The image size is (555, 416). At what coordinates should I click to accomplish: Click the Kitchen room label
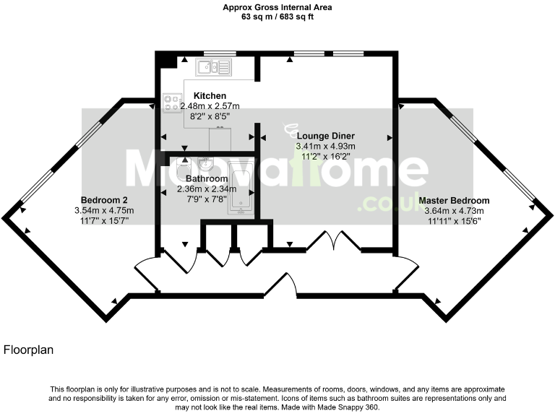tap(210, 95)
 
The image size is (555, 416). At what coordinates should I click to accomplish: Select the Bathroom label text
tap(207, 178)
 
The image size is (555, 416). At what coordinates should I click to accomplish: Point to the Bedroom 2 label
tap(104, 200)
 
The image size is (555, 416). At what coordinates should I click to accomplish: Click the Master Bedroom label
tap(454, 200)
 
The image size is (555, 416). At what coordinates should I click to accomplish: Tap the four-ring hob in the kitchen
tap(172, 103)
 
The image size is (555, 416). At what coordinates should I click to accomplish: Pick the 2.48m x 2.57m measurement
tap(210, 105)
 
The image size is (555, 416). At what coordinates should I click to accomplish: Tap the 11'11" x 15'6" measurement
tap(454, 221)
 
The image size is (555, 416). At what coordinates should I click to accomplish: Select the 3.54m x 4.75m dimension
tap(104, 210)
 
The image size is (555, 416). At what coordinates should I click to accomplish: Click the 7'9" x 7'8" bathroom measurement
tap(207, 199)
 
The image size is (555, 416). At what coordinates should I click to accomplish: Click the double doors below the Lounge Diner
tap(334, 243)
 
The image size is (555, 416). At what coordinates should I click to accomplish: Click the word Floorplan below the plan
tap(29, 350)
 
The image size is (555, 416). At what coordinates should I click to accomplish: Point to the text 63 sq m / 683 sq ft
tap(277, 17)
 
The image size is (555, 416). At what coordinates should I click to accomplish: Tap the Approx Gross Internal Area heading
tap(277, 7)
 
